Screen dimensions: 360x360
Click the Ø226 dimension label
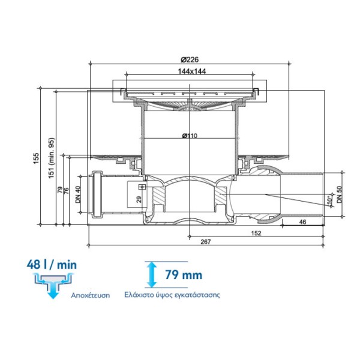(x=190, y=59)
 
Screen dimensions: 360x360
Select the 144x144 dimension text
(x=192, y=71)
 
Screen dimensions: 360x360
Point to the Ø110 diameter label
(x=190, y=136)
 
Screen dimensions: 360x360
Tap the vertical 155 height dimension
(x=37, y=158)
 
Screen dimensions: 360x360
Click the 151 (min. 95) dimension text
(x=52, y=158)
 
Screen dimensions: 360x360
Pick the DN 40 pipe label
(x=78, y=194)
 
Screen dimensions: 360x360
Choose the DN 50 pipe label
(x=340, y=194)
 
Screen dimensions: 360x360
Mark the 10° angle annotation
(x=329, y=200)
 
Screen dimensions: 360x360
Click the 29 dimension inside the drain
(x=139, y=199)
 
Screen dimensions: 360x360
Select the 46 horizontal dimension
(x=303, y=222)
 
